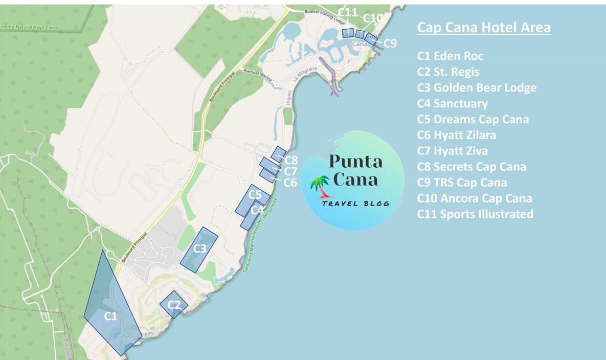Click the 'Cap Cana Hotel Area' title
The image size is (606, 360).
coord(484,27)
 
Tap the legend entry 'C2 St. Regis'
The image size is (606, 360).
coord(448,72)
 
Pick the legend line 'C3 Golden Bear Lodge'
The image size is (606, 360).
coord(477,87)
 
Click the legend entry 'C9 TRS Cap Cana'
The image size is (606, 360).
coord(462,183)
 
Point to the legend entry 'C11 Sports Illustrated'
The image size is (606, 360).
coord(475,214)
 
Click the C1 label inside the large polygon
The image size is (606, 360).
coord(110,317)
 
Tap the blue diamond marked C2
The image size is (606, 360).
coord(174,305)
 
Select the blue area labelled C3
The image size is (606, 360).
coord(199,249)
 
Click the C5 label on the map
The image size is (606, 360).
coord(255,195)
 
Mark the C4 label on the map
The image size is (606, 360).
coord(257,210)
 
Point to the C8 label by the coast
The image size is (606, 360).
coord(291,161)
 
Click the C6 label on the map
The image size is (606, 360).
coord(290,183)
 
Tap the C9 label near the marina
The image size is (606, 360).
coord(390,43)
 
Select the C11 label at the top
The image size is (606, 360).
coord(347,13)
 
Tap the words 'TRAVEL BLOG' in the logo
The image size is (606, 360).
coord(355,204)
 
